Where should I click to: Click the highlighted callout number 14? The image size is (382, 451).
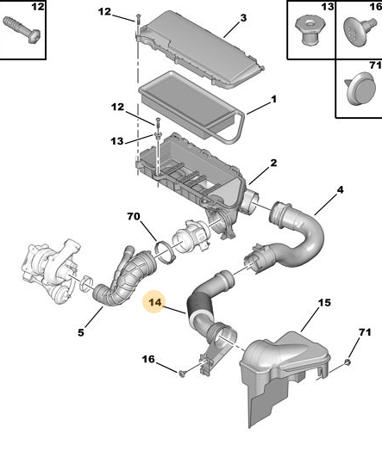point(155,302)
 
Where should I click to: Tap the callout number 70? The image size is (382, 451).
point(134,216)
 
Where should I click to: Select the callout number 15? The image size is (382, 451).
point(324,303)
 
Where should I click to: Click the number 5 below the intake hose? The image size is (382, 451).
point(81,332)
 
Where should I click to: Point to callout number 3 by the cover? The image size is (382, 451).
point(243,18)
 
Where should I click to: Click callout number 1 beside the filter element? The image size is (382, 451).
point(273,100)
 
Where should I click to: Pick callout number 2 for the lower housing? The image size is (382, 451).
point(273,163)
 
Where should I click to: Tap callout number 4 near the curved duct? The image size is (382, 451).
point(341,190)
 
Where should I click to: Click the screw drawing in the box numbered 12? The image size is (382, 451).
point(22,30)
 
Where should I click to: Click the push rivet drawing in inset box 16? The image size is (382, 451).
point(360,30)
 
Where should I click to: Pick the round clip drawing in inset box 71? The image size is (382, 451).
point(361,89)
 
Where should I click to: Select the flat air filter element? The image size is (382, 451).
point(192,107)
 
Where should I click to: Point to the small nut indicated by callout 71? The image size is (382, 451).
point(348,362)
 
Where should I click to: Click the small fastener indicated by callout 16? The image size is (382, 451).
point(182,374)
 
